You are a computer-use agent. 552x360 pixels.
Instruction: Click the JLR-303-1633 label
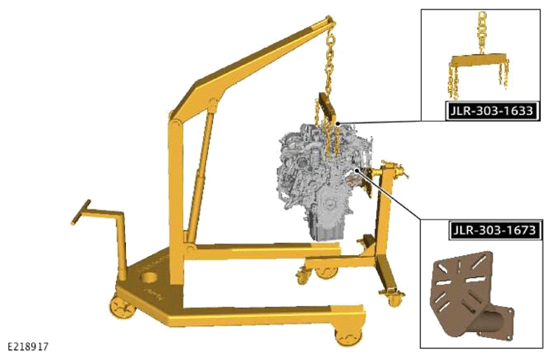click(x=492, y=111)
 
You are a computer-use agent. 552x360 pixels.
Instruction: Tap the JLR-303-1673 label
click(x=495, y=230)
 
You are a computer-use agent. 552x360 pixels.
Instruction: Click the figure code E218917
click(x=28, y=346)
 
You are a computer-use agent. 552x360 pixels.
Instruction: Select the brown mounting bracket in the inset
click(x=470, y=297)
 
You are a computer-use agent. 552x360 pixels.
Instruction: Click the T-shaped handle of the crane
click(x=81, y=211)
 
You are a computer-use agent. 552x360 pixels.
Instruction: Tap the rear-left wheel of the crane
click(x=123, y=308)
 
